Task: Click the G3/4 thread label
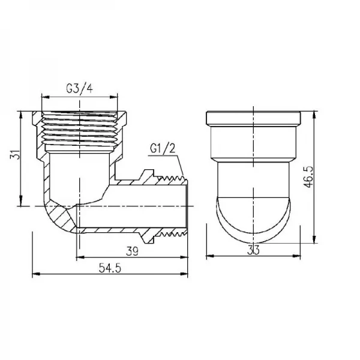79,89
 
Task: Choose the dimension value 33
253,253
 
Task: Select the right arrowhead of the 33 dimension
298,257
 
